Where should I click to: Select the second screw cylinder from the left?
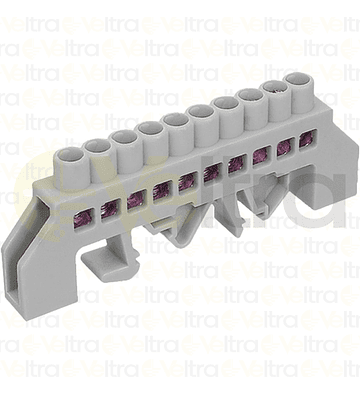coord(98,147)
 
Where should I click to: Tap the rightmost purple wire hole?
coord(305,142)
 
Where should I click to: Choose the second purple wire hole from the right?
coord(283,149)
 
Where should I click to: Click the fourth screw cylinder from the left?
coord(151,130)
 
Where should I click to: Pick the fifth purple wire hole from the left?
coord(187,180)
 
